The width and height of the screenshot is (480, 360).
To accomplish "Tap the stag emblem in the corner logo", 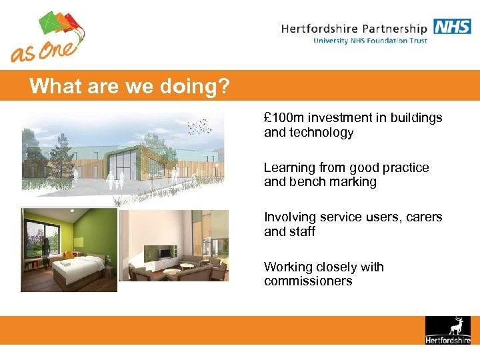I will coord(457,326).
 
